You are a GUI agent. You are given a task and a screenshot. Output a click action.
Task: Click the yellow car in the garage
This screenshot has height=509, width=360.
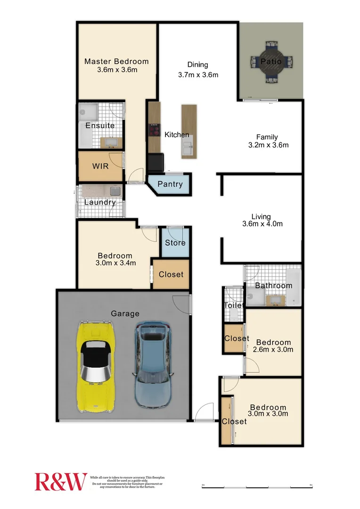coord(96,366)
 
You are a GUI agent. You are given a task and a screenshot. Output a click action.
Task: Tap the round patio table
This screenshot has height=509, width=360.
coord(271,62)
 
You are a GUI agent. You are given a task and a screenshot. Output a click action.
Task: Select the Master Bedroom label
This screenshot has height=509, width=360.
coord(116,61)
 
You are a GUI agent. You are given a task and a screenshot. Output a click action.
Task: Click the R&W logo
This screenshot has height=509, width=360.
coord(61,481)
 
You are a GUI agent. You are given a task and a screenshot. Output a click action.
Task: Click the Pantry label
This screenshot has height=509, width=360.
coord(170,184)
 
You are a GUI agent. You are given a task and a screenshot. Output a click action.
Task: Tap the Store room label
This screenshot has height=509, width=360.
coord(175,243)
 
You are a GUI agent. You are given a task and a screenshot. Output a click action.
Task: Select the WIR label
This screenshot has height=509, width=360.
coord(100,166)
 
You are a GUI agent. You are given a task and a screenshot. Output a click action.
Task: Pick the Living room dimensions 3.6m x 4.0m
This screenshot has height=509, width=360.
coord(262,224)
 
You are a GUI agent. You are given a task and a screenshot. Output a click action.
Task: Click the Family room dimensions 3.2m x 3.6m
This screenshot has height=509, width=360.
coord(268,145)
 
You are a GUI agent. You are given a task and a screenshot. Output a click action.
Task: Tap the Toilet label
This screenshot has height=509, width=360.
coord(233,305)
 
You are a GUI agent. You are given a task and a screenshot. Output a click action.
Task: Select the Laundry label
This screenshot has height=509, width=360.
coord(100,203)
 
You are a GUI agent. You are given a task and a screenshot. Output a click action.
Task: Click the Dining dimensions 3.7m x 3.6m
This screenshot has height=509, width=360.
coord(198,74)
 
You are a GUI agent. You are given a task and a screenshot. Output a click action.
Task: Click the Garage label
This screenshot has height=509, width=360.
coord(125,313)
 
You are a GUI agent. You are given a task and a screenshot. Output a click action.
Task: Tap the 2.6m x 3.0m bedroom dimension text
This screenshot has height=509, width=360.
coord(273,350)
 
